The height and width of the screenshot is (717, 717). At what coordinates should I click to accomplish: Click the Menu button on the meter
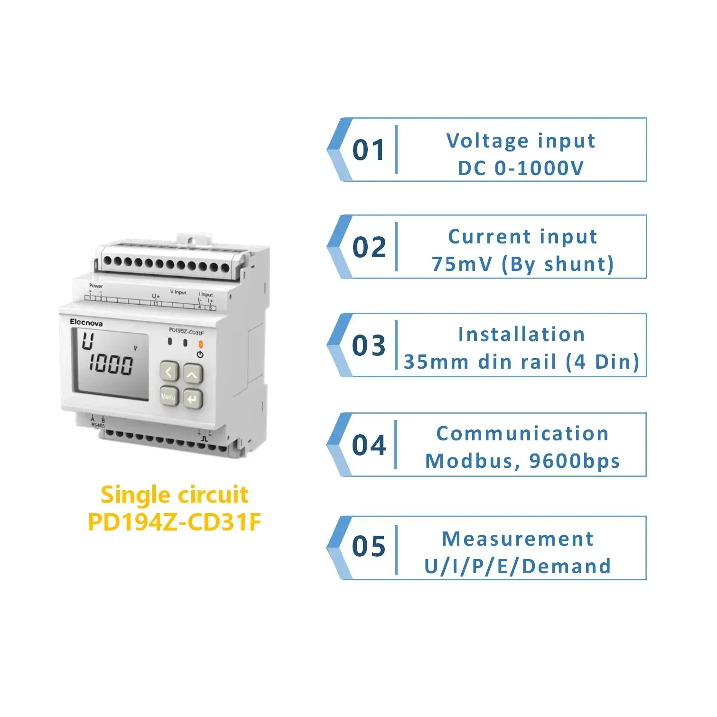tap(168, 396)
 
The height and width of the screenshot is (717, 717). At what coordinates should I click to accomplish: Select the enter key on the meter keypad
tap(192, 399)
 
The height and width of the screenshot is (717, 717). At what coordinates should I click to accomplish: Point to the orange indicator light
tap(200, 344)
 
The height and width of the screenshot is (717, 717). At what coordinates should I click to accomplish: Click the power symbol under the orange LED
tap(200, 354)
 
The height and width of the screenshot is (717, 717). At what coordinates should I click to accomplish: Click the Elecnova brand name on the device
tap(86, 323)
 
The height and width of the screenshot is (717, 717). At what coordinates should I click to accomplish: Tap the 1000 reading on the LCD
tap(111, 364)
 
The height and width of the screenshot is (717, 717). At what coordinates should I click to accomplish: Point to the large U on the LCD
tap(87, 341)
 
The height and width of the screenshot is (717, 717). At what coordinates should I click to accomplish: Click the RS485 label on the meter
tap(98, 425)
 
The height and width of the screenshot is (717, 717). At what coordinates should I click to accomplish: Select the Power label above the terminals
tap(96, 286)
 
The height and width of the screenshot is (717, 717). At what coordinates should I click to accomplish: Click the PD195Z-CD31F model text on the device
tap(186, 332)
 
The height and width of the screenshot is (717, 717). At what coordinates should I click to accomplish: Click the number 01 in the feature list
tap(369, 150)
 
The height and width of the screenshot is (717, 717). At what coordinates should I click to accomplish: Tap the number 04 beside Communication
tap(369, 445)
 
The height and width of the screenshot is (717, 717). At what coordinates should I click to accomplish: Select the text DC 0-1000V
tap(521, 168)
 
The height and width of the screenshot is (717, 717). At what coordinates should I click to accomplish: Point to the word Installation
tap(521, 335)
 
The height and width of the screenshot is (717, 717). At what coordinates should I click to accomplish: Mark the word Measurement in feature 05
tap(517, 539)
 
